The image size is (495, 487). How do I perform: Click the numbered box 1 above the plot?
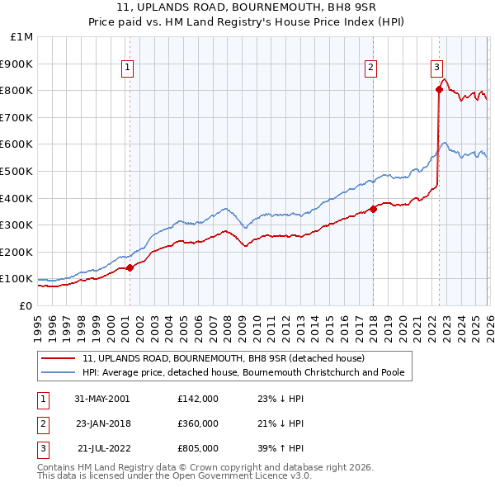pos(129,69)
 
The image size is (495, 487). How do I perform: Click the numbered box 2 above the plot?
pos(371,69)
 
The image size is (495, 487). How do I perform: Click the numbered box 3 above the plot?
pos(436,69)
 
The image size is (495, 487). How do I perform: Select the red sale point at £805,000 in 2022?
pos(439,90)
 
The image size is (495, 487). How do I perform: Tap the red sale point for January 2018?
pos(373,209)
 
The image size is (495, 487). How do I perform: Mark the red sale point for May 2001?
pos(130,267)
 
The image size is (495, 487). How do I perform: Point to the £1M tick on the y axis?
pos(22,36)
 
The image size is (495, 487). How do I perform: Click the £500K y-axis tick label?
pos(18,171)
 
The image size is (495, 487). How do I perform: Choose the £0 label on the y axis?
pos(25,305)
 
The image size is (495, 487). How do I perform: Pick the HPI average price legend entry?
pos(243,372)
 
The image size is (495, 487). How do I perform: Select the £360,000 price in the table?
pos(198,423)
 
